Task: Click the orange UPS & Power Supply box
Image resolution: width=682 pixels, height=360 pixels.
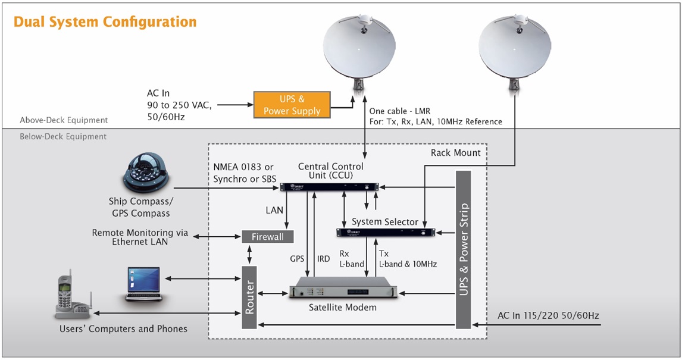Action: click(x=292, y=105)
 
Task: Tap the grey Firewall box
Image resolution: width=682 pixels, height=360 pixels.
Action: click(x=268, y=236)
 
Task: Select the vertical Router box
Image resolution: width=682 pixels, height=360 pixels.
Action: click(x=249, y=298)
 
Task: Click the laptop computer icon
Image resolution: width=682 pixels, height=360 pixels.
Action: click(x=143, y=284)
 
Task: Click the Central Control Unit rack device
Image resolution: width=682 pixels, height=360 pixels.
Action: click(x=331, y=187)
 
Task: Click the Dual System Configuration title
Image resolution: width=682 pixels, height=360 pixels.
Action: click(x=105, y=23)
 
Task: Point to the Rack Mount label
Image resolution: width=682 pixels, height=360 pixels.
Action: click(x=455, y=153)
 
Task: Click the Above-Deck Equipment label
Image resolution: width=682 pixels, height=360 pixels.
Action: click(x=64, y=120)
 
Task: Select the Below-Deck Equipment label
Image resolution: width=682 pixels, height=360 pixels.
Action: click(x=63, y=136)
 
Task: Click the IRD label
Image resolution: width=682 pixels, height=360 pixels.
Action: click(x=323, y=259)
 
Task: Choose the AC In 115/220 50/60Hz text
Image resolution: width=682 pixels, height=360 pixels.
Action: click(x=548, y=315)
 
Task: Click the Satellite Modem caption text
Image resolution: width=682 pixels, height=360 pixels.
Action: click(x=342, y=308)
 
